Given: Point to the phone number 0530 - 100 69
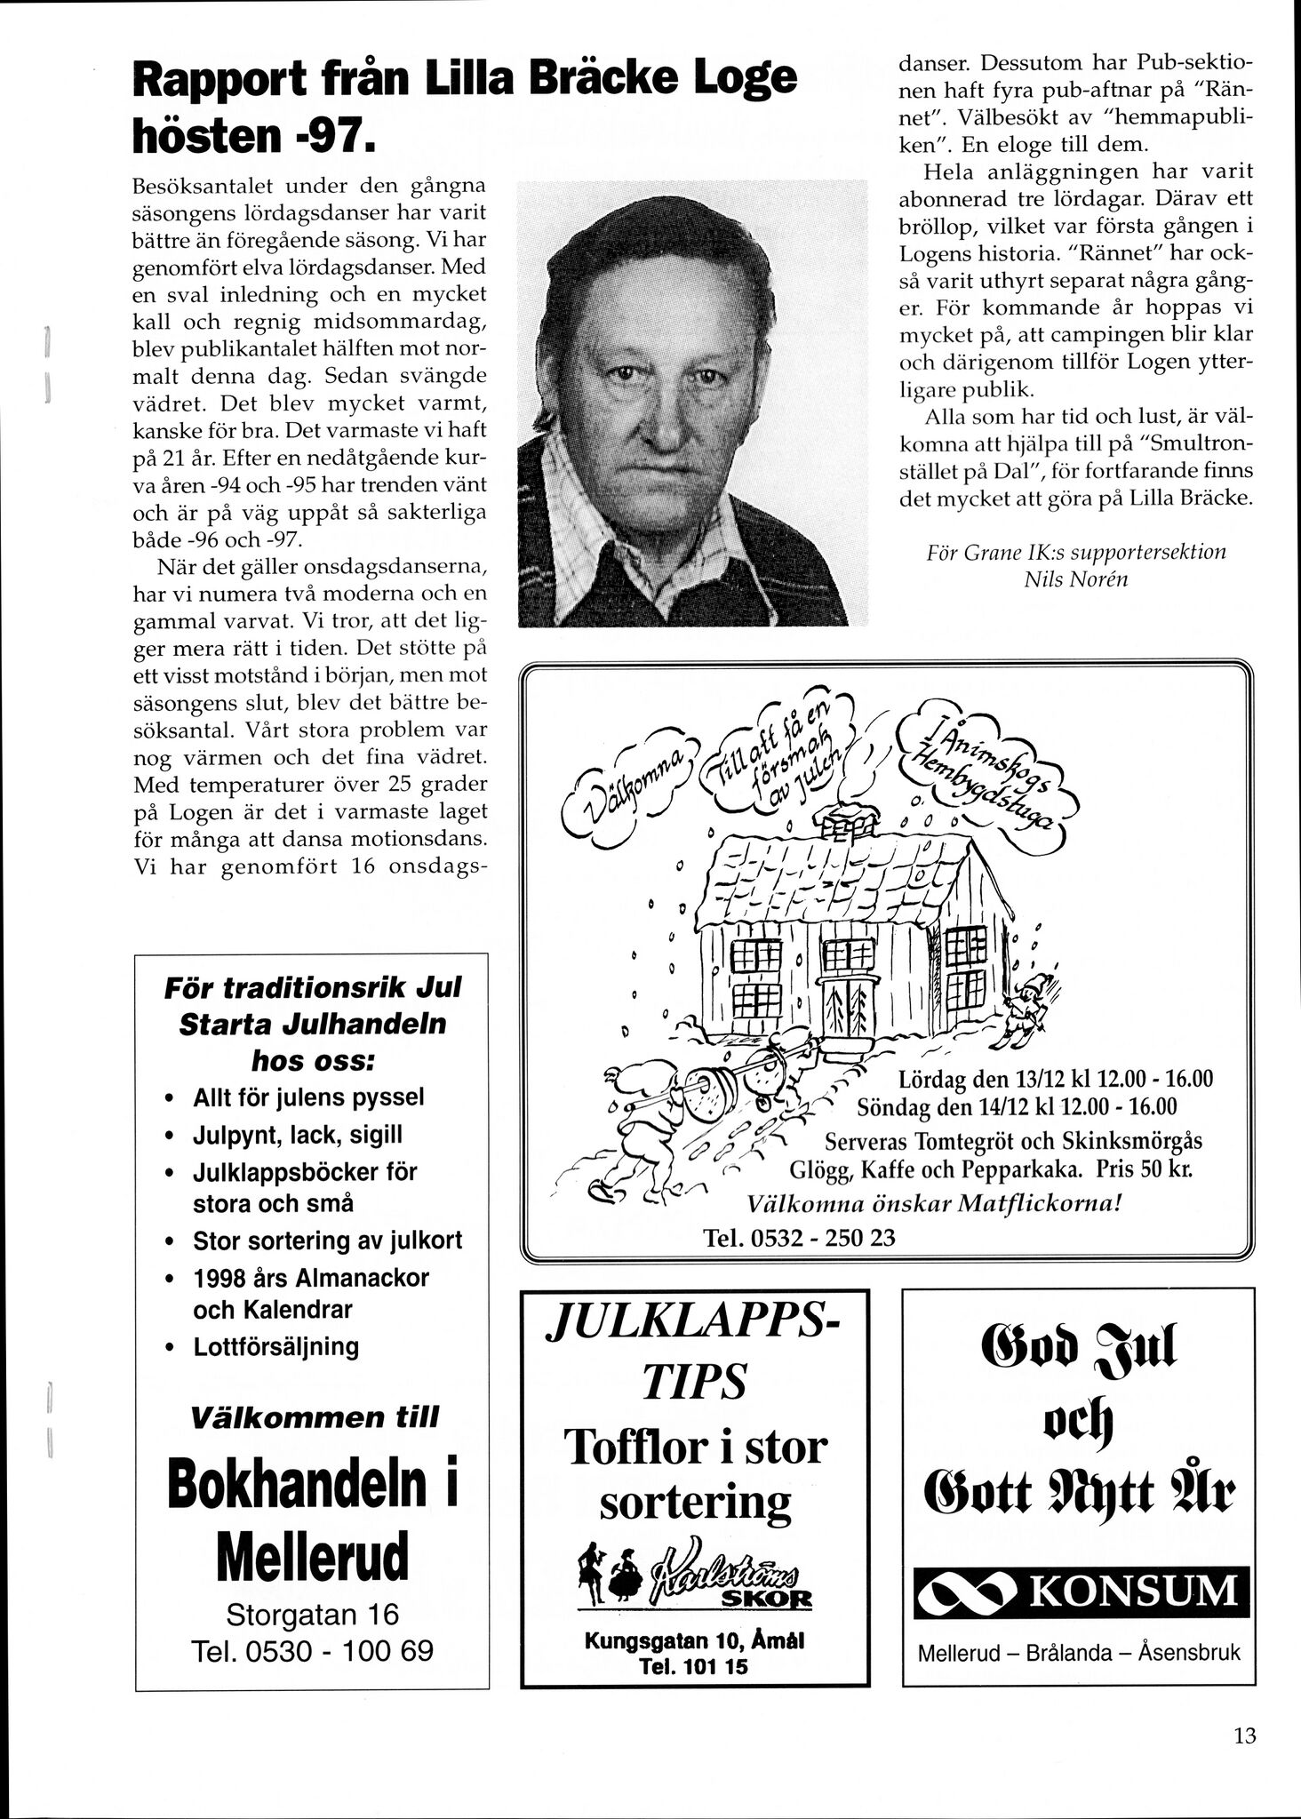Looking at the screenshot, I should (313, 1650).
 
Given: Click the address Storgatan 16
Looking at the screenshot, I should (313, 1612).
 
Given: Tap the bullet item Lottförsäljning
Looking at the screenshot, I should (275, 1346).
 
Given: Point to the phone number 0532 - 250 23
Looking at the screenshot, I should (799, 1237).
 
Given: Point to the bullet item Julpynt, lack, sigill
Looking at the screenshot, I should (297, 1135).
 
